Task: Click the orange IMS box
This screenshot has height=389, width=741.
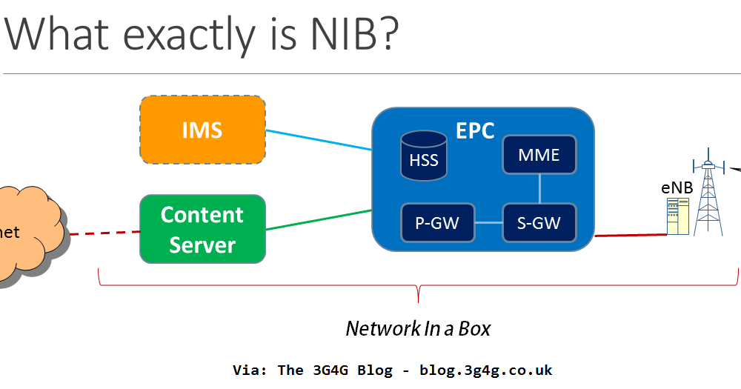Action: pyautogui.click(x=202, y=130)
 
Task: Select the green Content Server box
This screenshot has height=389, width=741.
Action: pyautogui.click(x=202, y=229)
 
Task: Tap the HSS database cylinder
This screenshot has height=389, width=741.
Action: pyautogui.click(x=424, y=156)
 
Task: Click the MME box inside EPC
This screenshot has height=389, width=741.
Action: pyautogui.click(x=539, y=155)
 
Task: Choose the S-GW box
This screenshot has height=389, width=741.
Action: pyautogui.click(x=539, y=222)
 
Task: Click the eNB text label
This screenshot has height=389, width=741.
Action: pyautogui.click(x=677, y=187)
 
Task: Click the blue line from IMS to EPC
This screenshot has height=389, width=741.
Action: pyautogui.click(x=319, y=140)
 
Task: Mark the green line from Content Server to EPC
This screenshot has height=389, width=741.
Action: pyautogui.click(x=319, y=220)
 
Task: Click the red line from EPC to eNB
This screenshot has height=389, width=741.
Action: pyautogui.click(x=630, y=236)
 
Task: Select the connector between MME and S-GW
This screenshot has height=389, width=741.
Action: pyautogui.click(x=539, y=189)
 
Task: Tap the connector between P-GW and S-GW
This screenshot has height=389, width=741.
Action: pyautogui.click(x=488, y=222)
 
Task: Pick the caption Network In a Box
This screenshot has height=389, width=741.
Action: pyautogui.click(x=418, y=328)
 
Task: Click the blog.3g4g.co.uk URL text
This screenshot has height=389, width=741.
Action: pyautogui.click(x=486, y=370)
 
